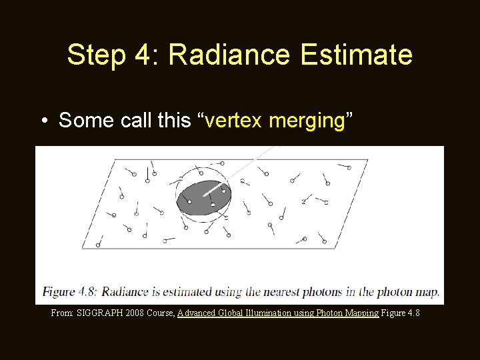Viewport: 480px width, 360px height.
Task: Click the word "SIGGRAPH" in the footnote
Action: (x=99, y=313)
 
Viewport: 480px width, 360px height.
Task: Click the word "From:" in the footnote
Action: (x=63, y=313)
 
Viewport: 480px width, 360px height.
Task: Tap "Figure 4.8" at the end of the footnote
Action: (x=401, y=313)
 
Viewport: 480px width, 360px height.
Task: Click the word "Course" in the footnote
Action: (x=161, y=313)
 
